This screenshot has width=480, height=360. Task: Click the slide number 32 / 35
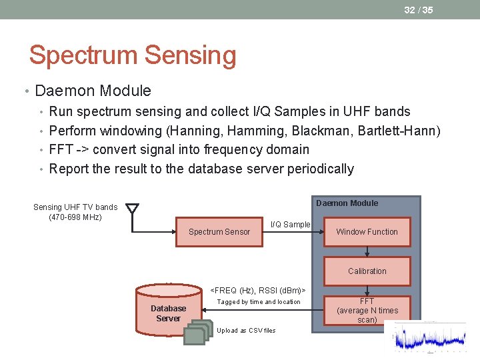(x=418, y=10)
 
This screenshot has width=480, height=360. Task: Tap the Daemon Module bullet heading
(x=93, y=91)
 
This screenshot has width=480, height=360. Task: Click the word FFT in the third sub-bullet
(x=61, y=149)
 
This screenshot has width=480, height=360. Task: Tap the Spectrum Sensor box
(x=219, y=232)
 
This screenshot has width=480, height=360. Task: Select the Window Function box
(x=367, y=232)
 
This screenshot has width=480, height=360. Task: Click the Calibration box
(x=367, y=271)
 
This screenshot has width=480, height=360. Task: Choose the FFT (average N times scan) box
(x=367, y=311)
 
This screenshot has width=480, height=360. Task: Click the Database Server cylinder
(x=168, y=310)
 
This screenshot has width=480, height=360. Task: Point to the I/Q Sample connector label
(x=290, y=225)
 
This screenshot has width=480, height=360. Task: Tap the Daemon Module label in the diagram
(x=347, y=203)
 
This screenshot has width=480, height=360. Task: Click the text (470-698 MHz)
(x=75, y=217)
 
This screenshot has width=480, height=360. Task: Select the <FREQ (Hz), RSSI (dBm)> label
(x=258, y=290)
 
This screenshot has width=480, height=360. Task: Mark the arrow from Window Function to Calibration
(x=367, y=252)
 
